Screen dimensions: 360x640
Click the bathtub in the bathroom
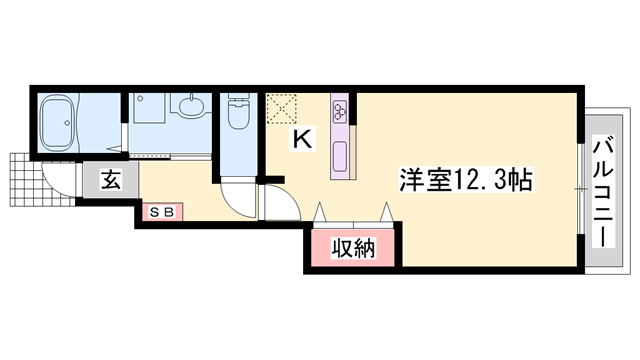coord(61,123)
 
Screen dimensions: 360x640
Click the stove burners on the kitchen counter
coord(339,107)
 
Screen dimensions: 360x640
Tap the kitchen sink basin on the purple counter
coord(339,155)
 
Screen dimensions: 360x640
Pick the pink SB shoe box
coord(161,211)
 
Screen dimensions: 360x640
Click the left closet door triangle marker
coord(321,213)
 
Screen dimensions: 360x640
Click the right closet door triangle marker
coord(385,213)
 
